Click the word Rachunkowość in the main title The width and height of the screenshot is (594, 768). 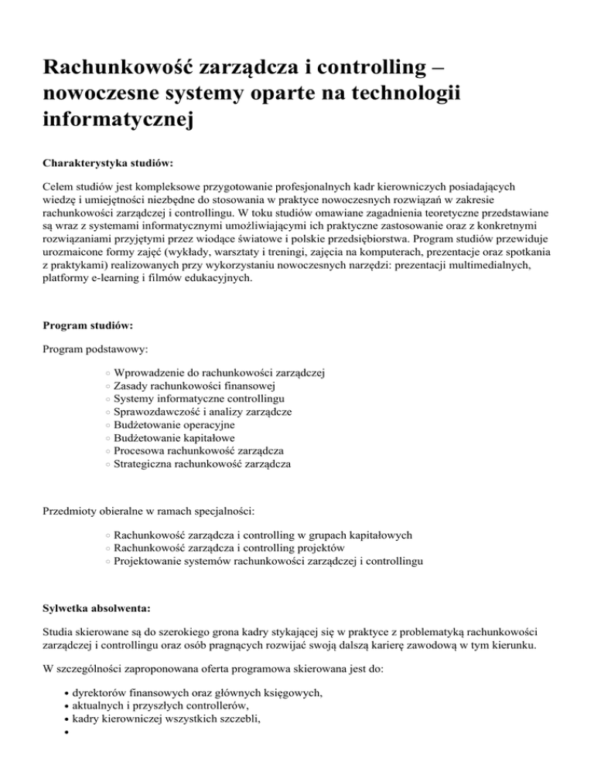(x=116, y=67)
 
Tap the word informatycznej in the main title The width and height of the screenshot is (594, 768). (x=116, y=120)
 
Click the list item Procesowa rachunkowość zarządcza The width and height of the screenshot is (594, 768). (x=198, y=451)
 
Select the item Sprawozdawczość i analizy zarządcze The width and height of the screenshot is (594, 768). (x=202, y=412)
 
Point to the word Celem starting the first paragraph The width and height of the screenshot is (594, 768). (x=59, y=186)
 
